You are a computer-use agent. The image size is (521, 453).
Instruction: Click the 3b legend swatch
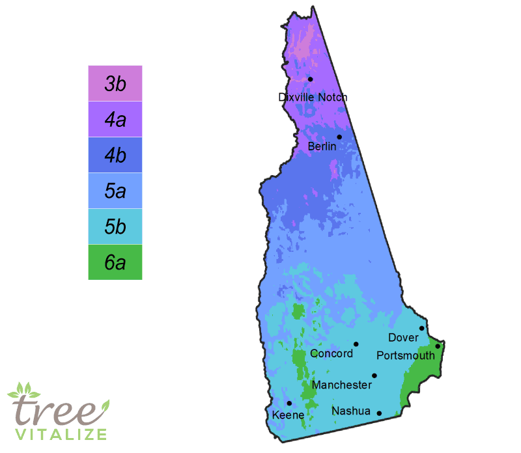pyautogui.click(x=115, y=83)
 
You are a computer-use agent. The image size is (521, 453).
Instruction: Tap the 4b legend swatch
pyautogui.click(x=115, y=155)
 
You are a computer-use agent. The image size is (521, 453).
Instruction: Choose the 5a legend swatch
pyautogui.click(x=115, y=191)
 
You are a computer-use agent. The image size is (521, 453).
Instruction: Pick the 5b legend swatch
pyautogui.click(x=115, y=226)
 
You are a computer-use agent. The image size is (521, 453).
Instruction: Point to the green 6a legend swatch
pyautogui.click(x=115, y=262)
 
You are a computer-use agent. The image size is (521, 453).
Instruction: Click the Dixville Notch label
pyautogui.click(x=313, y=98)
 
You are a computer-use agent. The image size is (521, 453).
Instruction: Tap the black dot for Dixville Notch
pyautogui.click(x=311, y=79)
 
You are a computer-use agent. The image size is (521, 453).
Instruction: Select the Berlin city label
pyautogui.click(x=322, y=147)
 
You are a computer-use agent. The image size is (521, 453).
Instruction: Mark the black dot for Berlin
pyautogui.click(x=339, y=137)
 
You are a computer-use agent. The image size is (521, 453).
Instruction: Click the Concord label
pyautogui.click(x=331, y=354)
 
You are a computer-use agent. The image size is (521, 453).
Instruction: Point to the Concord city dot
pyautogui.click(x=356, y=344)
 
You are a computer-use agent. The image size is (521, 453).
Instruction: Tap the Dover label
pyautogui.click(x=403, y=338)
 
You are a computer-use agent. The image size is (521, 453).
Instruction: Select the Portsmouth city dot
pyautogui.click(x=438, y=346)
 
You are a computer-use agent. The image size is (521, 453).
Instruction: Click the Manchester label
pyautogui.click(x=342, y=385)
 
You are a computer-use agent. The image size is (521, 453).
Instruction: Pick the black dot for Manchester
pyautogui.click(x=374, y=375)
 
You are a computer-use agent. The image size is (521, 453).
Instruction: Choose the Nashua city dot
pyautogui.click(x=379, y=413)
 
